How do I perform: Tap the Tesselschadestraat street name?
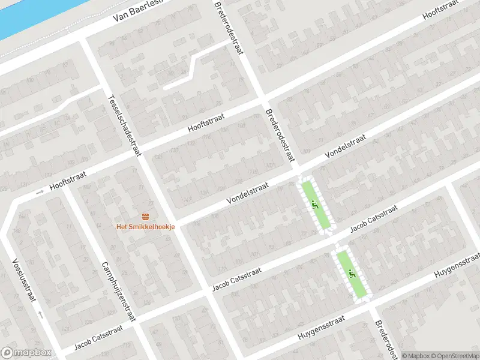[x=124, y=126]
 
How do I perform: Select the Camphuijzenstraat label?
[x=119, y=292]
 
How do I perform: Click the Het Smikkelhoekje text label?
[x=145, y=226]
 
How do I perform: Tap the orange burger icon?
[x=145, y=216]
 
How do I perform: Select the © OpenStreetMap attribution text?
[x=449, y=355]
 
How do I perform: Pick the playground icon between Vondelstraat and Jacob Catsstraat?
[x=314, y=205]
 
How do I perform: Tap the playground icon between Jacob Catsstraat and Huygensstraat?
[x=352, y=274]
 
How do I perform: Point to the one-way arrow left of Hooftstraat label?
[x=40, y=192]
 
